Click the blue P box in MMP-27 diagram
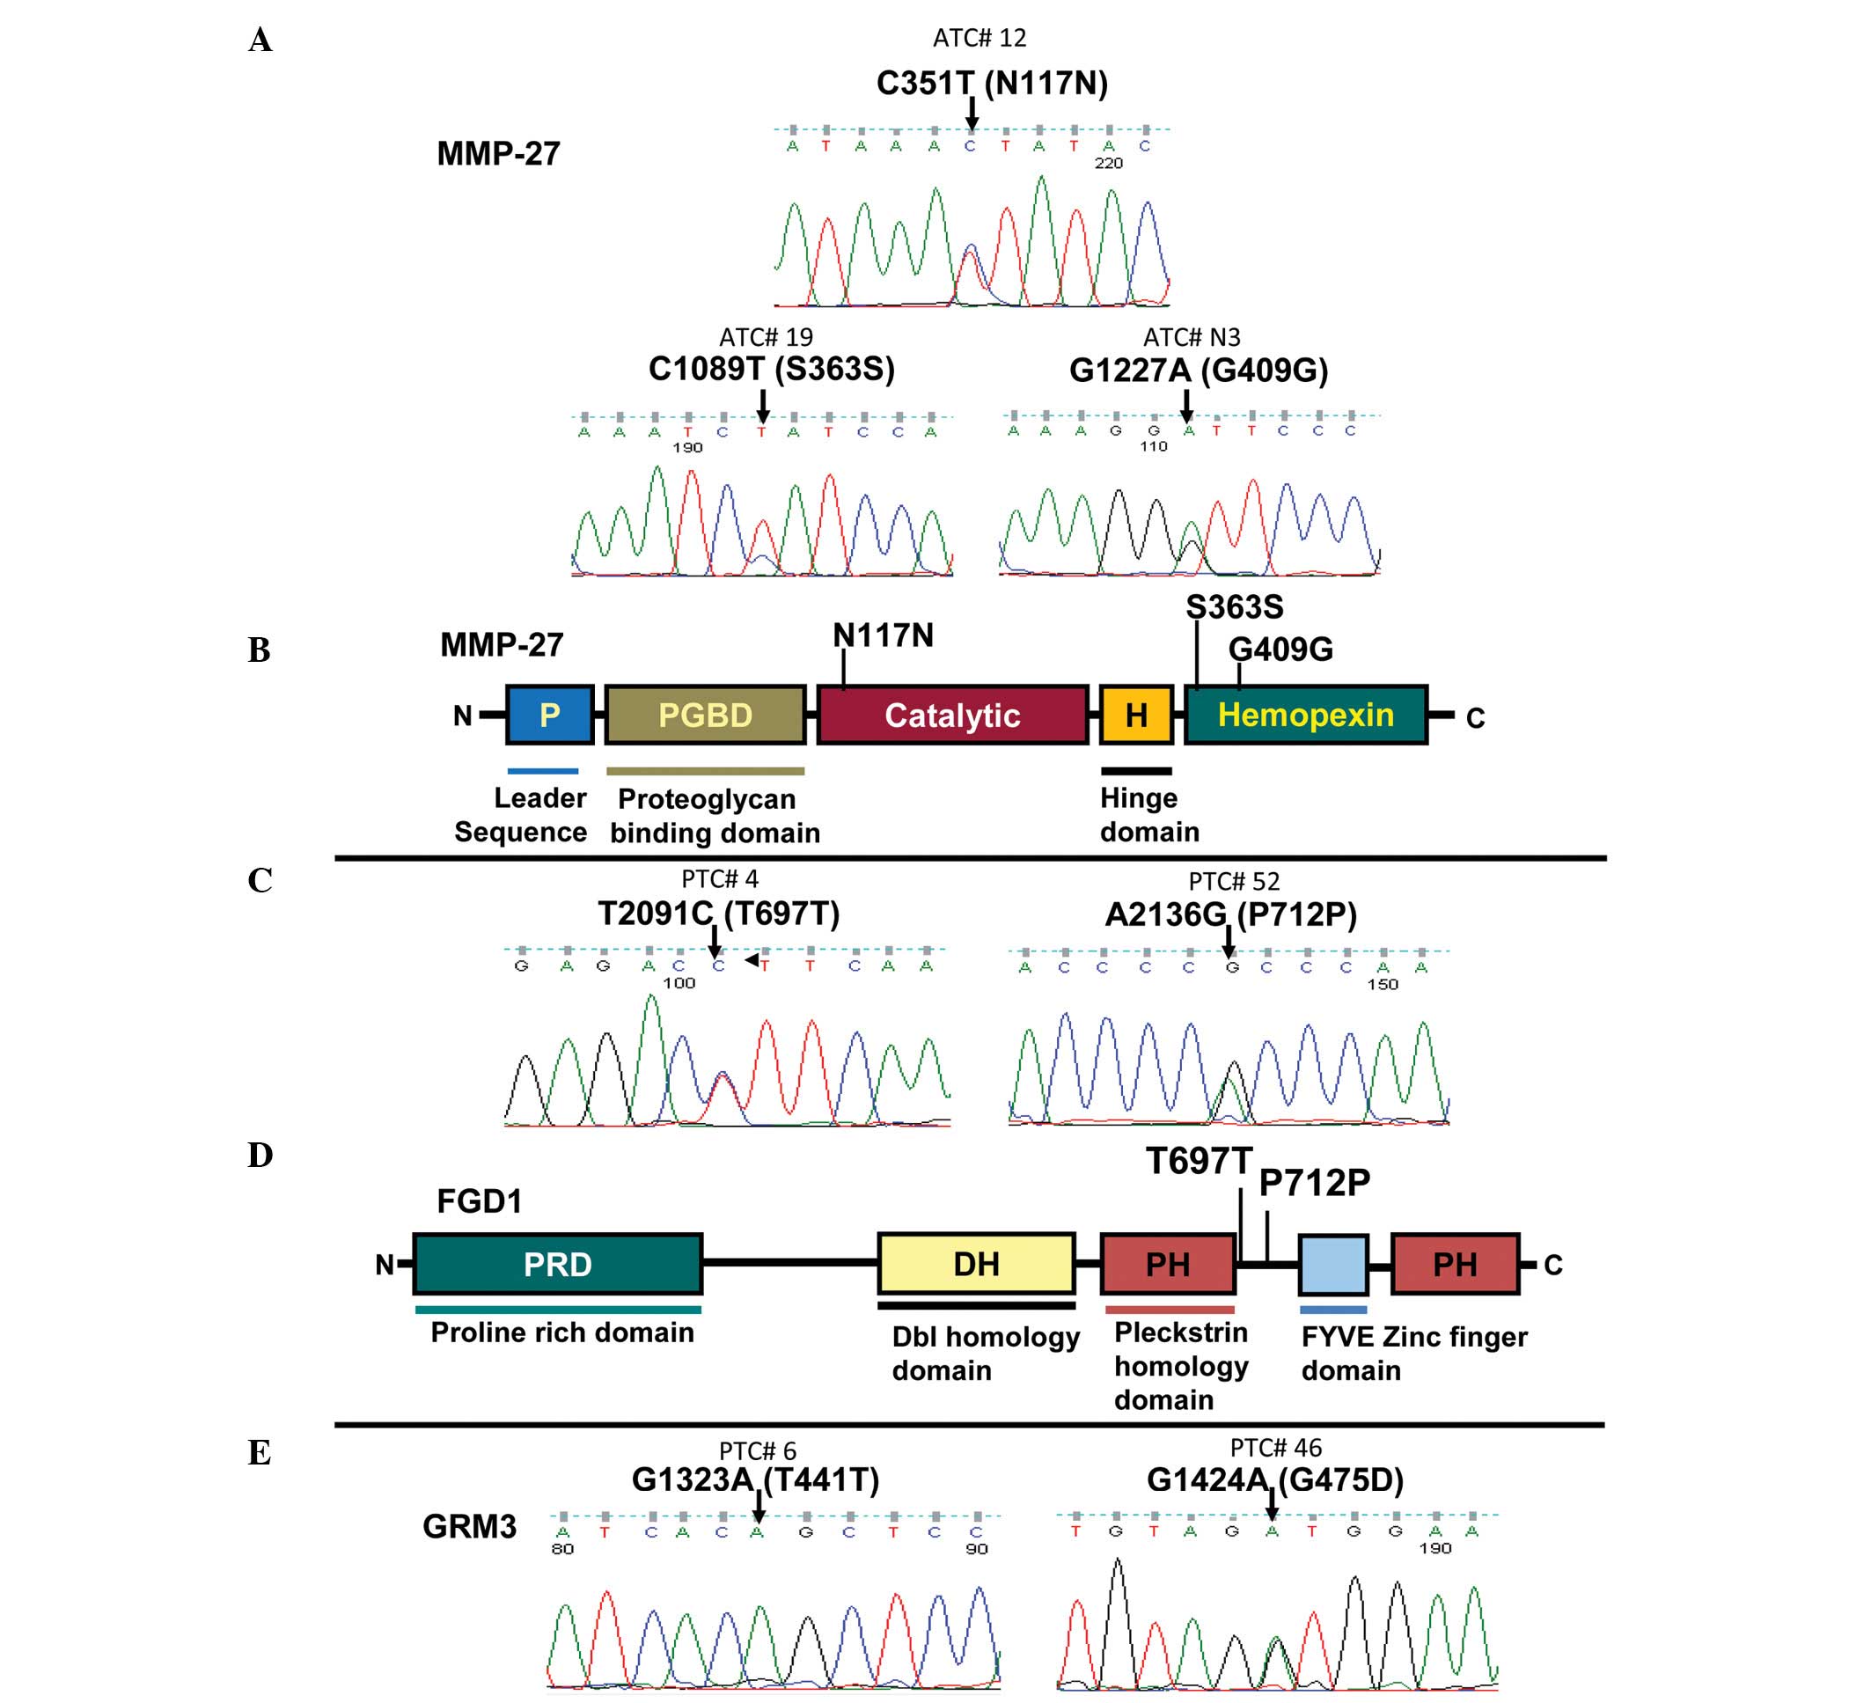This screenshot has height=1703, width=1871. [549, 715]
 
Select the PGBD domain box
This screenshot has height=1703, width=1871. [704, 715]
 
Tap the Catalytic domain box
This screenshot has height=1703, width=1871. [952, 715]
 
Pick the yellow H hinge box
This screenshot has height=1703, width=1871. [1136, 715]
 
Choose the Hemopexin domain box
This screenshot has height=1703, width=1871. [1305, 715]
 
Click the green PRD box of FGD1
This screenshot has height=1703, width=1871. [557, 1264]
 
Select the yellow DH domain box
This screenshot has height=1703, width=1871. [976, 1264]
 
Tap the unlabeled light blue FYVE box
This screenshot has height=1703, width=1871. [1332, 1264]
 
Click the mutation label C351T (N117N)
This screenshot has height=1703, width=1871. [992, 84]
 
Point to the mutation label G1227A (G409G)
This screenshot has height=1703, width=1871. [1198, 371]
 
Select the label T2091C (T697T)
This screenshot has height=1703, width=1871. [718, 914]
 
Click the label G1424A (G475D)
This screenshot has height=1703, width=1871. [1275, 1479]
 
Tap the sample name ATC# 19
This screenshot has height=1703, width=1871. [766, 337]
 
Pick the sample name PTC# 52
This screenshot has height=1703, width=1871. [1234, 881]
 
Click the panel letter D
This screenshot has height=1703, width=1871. [260, 1156]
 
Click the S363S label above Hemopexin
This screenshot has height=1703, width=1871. [1235, 607]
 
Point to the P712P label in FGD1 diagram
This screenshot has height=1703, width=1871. [1314, 1182]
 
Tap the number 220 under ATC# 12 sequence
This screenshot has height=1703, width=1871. [1108, 164]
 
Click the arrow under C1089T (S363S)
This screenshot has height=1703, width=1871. [763, 407]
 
